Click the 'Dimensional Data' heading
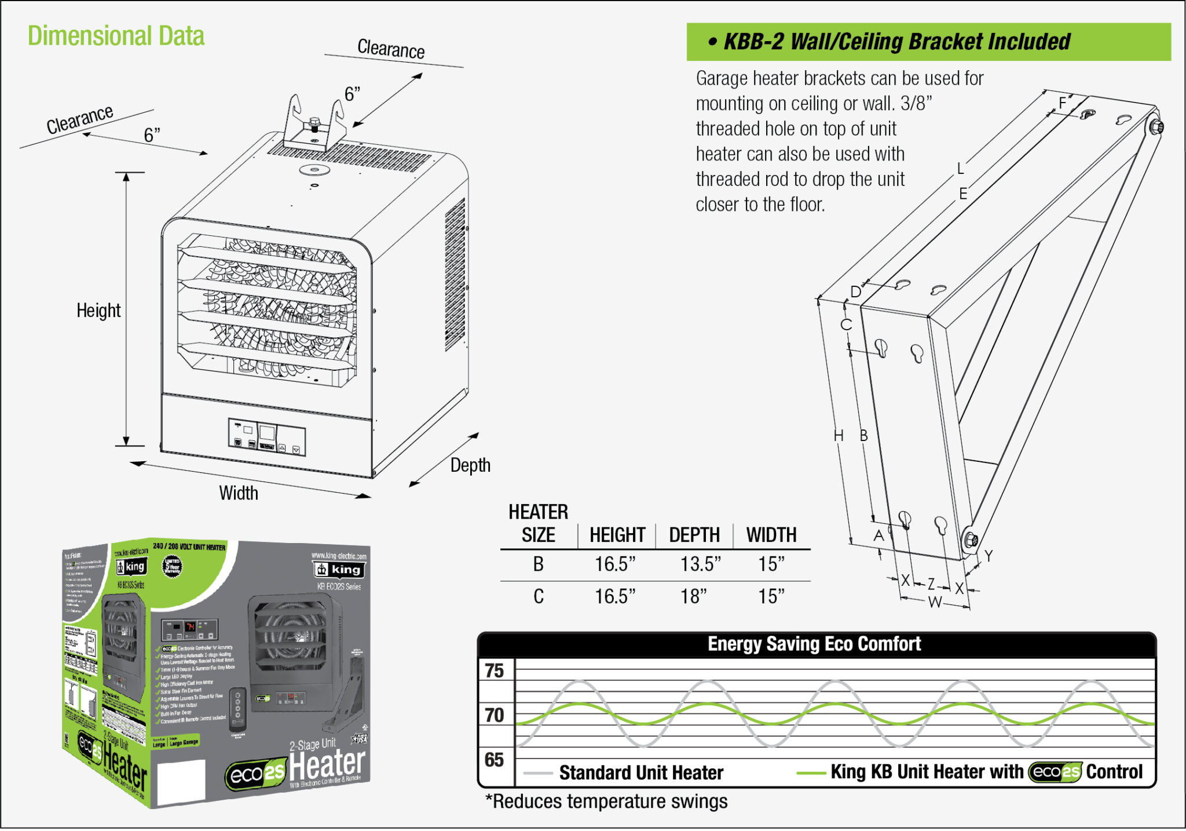pyautogui.click(x=116, y=36)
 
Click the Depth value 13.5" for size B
pyautogui.click(x=700, y=564)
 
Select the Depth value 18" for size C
pyautogui.click(x=693, y=596)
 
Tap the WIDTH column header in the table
pyautogui.click(x=771, y=535)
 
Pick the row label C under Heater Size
pyautogui.click(x=538, y=596)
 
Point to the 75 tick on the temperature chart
pyautogui.click(x=494, y=671)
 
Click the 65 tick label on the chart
pyautogui.click(x=494, y=760)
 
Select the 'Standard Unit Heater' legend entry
pyautogui.click(x=640, y=772)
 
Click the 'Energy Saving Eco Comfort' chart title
pyautogui.click(x=814, y=644)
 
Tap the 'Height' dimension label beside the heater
pyautogui.click(x=98, y=311)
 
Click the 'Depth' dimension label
pyautogui.click(x=470, y=465)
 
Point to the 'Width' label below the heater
pyautogui.click(x=238, y=493)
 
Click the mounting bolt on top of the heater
pyautogui.click(x=314, y=123)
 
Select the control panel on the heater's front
pyautogui.click(x=266, y=438)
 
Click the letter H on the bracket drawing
pyautogui.click(x=838, y=436)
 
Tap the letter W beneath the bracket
pyautogui.click(x=934, y=602)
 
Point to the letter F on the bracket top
pyautogui.click(x=1062, y=103)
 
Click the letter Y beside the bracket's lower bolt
pyautogui.click(x=989, y=556)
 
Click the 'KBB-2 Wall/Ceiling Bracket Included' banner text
pyautogui.click(x=896, y=42)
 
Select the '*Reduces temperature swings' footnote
pyautogui.click(x=606, y=801)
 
